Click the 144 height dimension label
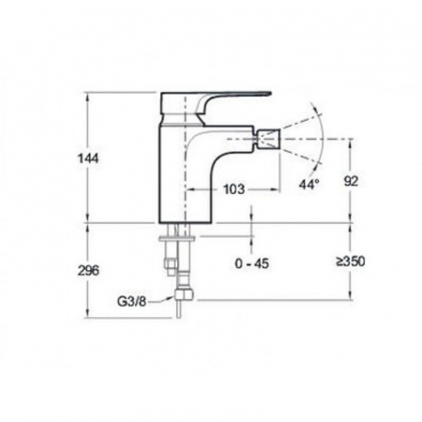(88, 158)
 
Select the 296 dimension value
(88, 270)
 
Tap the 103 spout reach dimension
(234, 189)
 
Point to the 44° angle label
(309, 184)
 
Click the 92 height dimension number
(351, 181)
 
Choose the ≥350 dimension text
(351, 262)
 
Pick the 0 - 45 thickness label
(252, 264)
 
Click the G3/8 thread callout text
(132, 302)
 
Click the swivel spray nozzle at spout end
(269, 139)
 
